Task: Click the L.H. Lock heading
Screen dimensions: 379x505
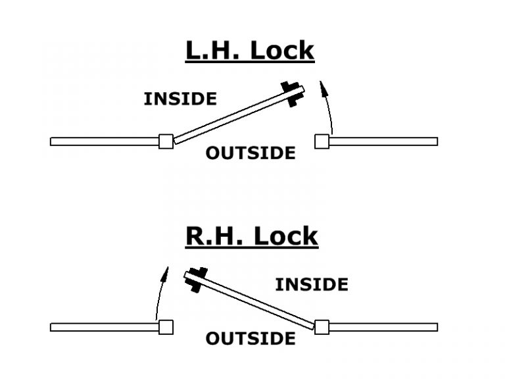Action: tap(250, 51)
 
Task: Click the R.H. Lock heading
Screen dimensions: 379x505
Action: tap(252, 236)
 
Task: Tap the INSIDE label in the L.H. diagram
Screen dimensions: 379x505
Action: tap(180, 99)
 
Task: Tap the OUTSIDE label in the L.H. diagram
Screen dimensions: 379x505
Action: tap(251, 153)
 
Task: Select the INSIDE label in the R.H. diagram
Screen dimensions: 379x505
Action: tap(311, 284)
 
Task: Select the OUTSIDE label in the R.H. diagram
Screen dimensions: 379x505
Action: tap(251, 339)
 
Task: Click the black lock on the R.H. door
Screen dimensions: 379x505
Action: tap(196, 279)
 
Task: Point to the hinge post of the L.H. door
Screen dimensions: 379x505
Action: tap(166, 141)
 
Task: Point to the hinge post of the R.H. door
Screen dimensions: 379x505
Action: tap(322, 326)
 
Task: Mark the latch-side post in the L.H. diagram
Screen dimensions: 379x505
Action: tap(322, 141)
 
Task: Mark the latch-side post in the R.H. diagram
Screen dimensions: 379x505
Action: tap(166, 326)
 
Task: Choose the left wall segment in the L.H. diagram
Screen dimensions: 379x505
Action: tap(105, 141)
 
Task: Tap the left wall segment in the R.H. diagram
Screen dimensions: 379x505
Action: tap(104, 327)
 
